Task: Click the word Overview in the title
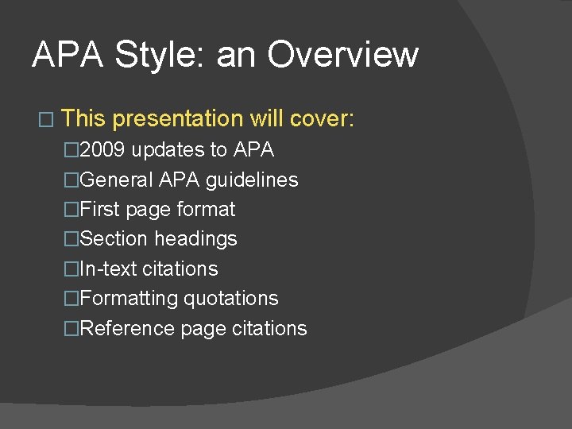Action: [342, 55]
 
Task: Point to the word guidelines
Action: [252, 180]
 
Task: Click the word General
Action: [117, 180]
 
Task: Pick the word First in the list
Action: [100, 210]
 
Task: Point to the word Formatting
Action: [129, 299]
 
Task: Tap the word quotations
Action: [231, 299]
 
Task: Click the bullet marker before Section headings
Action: [72, 239]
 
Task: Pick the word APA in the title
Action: [68, 55]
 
